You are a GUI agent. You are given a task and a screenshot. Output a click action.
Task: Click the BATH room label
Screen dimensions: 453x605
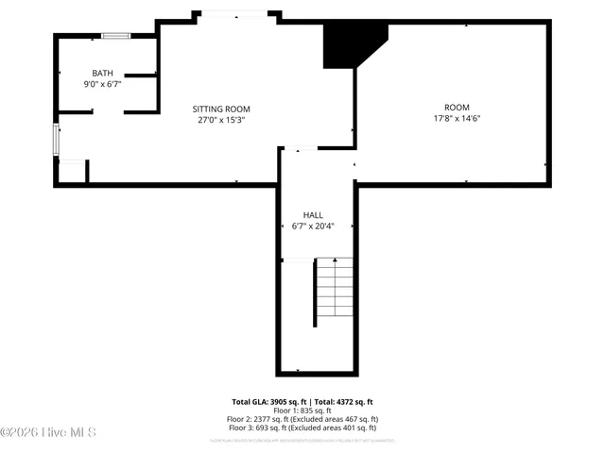click(x=102, y=74)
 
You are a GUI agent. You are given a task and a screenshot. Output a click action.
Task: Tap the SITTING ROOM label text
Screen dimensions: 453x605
click(x=221, y=109)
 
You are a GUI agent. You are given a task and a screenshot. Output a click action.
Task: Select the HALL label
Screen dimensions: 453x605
click(x=313, y=215)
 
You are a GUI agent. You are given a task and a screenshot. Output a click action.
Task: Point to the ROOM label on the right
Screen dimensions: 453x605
click(x=457, y=108)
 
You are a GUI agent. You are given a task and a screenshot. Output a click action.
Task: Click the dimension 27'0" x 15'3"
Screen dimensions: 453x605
click(x=221, y=120)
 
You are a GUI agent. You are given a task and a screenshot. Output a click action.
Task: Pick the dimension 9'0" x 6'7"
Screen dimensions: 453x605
click(x=102, y=84)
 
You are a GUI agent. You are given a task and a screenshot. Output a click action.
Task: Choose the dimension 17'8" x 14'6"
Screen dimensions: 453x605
click(x=457, y=119)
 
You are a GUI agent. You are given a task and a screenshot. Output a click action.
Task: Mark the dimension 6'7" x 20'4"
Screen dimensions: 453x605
click(x=313, y=226)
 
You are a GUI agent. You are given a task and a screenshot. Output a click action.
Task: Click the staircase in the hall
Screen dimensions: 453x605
click(x=334, y=287)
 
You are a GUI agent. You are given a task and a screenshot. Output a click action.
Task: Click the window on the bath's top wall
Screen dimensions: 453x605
click(x=116, y=36)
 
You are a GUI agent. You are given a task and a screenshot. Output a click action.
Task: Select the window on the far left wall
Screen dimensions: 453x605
click(x=56, y=140)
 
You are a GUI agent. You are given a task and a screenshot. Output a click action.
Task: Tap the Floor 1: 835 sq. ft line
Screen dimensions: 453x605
click(x=302, y=411)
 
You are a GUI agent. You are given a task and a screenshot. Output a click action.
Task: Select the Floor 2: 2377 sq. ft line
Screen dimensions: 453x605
click(x=302, y=419)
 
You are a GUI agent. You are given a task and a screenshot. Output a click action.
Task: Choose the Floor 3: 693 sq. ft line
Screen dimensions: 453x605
click(x=302, y=428)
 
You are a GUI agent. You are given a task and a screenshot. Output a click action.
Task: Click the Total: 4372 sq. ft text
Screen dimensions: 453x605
click(x=343, y=401)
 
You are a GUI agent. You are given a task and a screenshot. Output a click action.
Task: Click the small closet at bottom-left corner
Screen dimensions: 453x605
click(x=72, y=172)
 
